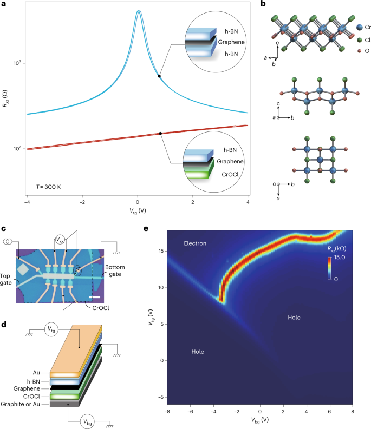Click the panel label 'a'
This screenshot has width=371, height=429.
[x=4, y=4]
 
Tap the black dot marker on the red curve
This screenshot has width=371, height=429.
[x=160, y=134]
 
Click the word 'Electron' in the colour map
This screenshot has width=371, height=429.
[x=196, y=244]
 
